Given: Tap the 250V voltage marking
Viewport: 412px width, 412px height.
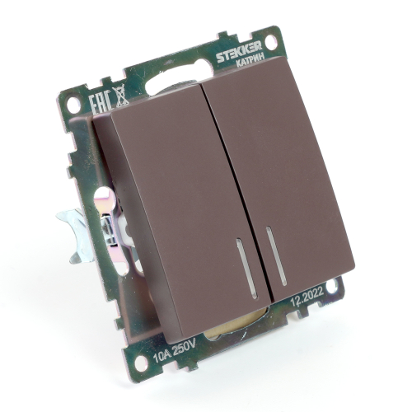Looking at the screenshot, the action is click(x=183, y=349).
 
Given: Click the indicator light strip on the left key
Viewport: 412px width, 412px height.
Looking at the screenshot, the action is click(x=246, y=269).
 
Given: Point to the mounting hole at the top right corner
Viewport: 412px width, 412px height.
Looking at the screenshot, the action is click(x=272, y=40).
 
